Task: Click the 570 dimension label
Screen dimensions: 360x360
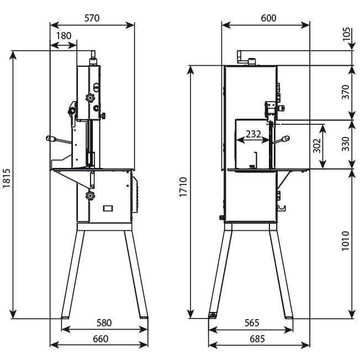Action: point(92,18)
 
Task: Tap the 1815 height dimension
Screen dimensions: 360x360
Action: point(6,183)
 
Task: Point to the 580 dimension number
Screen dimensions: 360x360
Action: point(104,322)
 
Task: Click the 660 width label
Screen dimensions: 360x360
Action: point(100,338)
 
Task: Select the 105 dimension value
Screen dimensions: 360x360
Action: point(346,36)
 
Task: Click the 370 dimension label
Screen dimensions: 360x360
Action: point(346,92)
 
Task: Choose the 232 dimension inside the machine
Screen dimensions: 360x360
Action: point(253,134)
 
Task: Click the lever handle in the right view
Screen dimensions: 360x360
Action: point(287,139)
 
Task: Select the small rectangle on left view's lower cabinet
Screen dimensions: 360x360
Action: point(108,208)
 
